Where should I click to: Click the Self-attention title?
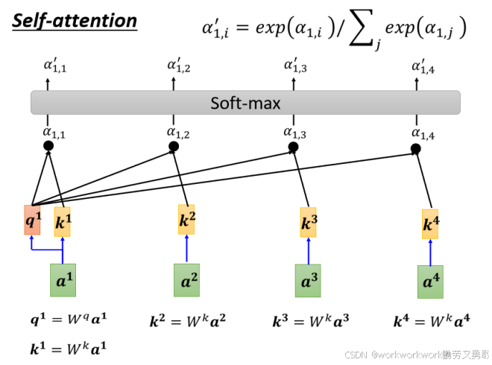[x=75, y=20]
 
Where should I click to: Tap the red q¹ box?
[x=33, y=220]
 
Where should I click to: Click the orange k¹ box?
[x=63, y=221]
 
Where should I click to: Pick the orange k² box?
[x=187, y=220]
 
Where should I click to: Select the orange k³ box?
[x=308, y=223]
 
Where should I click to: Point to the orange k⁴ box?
[x=430, y=224]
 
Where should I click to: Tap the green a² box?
[x=187, y=281]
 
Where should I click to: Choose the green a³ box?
[x=308, y=281]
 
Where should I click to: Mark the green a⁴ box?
[x=430, y=282]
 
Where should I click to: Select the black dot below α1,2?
[x=174, y=147]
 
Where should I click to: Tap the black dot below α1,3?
[x=294, y=147]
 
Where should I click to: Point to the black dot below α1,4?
[x=416, y=149]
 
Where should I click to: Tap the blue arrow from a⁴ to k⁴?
[x=430, y=253]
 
